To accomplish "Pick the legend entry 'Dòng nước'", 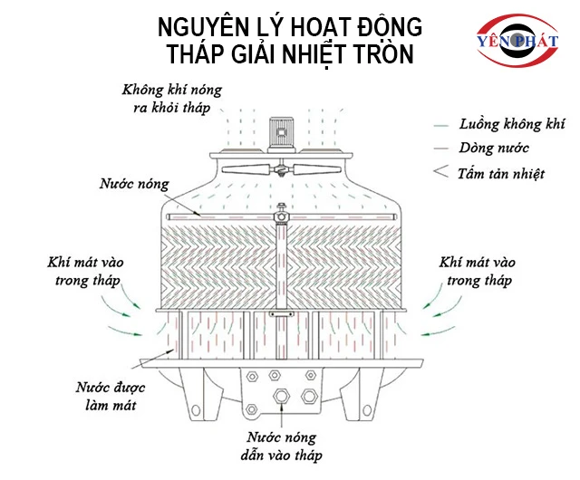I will coord(494,148).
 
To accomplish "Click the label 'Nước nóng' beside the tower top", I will coord(133,184).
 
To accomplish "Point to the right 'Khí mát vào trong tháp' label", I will coord(478,271).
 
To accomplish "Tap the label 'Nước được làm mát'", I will coord(105,396).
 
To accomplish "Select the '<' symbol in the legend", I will coord(442,171).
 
